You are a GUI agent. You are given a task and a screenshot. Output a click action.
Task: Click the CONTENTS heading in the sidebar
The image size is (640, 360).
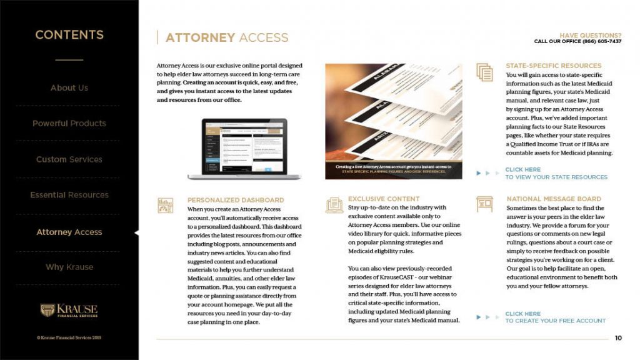(69, 35)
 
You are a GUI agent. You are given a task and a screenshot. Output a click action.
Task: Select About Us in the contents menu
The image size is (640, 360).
(69, 88)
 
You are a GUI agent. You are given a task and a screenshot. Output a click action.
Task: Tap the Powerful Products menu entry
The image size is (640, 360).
(69, 124)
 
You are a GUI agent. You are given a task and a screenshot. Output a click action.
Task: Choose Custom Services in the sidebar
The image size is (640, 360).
(69, 159)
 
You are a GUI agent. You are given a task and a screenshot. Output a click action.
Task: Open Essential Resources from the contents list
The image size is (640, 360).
(69, 195)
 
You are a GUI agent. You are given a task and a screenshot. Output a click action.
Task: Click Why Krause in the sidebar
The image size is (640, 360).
(69, 267)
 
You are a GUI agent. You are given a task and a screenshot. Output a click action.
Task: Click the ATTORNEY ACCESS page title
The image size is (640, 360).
(227, 38)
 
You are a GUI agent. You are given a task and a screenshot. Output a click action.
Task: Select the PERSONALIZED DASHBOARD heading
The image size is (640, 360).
(236, 201)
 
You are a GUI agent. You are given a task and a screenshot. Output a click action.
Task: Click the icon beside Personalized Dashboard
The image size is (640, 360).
(166, 206)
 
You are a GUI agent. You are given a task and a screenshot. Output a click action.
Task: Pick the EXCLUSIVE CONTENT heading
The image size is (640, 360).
(384, 199)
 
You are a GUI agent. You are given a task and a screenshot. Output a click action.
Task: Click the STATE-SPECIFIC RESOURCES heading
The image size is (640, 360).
(553, 66)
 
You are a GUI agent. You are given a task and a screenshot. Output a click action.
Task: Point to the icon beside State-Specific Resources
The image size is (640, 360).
(484, 72)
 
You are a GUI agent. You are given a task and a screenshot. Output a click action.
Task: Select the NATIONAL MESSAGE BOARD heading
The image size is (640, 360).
(554, 199)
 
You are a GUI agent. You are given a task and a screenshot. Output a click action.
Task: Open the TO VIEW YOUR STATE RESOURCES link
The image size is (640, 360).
(556, 177)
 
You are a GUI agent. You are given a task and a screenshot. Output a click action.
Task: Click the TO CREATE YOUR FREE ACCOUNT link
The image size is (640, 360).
(555, 321)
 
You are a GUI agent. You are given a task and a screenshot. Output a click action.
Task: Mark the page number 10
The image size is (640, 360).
(618, 338)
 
